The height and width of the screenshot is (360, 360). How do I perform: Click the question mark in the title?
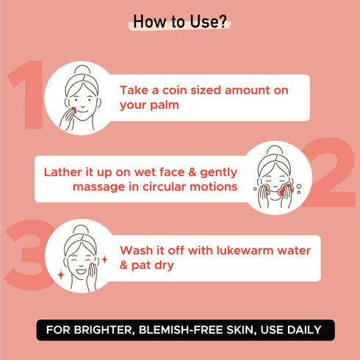(222, 21)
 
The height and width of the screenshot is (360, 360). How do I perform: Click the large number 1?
(26, 95)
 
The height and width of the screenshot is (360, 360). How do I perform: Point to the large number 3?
(29, 255)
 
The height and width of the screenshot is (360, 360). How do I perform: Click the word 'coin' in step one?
(175, 90)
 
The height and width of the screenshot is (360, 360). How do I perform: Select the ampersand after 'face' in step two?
(192, 172)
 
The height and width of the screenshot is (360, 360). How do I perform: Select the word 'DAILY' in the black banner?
(304, 330)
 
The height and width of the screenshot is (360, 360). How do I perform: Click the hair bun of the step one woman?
(82, 70)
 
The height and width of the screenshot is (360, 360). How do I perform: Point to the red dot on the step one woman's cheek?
(74, 110)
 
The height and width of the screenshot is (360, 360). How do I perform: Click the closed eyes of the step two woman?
(275, 177)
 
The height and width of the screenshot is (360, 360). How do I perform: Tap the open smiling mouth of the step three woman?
(81, 271)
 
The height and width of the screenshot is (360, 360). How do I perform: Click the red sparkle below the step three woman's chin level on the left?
(61, 275)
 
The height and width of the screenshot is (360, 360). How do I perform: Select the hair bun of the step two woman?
(275, 150)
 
